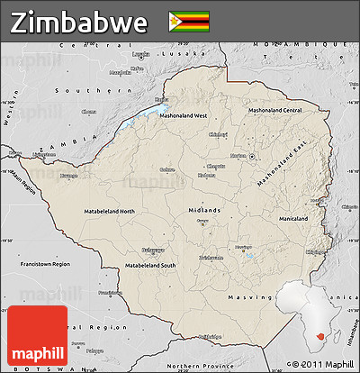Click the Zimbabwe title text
coord(79,22)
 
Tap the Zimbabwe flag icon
coord(188,21)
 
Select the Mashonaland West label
coord(184,116)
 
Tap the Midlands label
coord(204,210)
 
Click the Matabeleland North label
coord(110,211)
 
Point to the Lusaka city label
coord(139,54)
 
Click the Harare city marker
coord(257,156)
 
